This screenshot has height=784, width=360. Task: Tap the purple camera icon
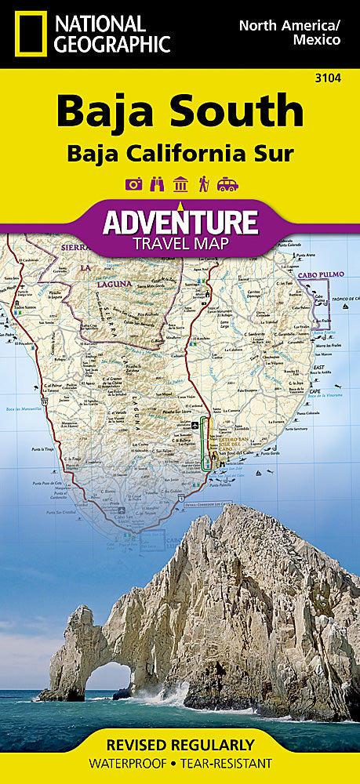pos(133,185)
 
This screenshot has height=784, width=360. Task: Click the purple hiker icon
pos(203,185)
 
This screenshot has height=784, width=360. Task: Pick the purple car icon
pos(227,185)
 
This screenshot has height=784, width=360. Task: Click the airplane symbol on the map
pos(195,426)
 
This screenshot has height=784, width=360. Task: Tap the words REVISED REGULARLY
pos(180,745)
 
